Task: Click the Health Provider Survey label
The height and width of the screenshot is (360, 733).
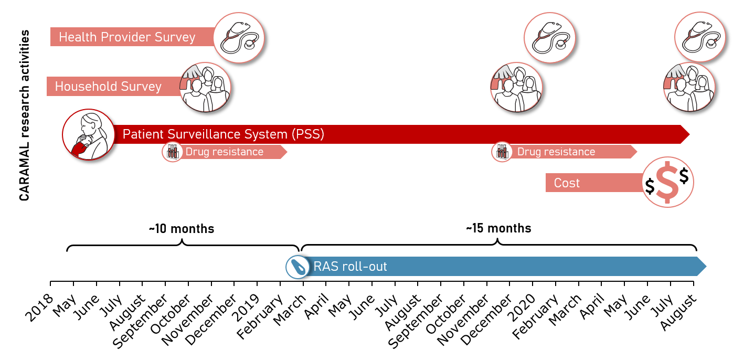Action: (127, 37)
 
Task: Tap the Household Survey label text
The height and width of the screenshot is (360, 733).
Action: (108, 87)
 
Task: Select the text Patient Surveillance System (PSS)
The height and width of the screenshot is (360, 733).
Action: (223, 134)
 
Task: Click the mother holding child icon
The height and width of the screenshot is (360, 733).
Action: (89, 134)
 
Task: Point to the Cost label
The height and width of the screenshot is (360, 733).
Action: (567, 183)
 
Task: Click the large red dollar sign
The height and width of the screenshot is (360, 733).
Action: (667, 182)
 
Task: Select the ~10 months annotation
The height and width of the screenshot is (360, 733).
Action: (182, 229)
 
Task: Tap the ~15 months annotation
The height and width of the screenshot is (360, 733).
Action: (498, 228)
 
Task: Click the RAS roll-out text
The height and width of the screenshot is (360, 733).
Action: (350, 267)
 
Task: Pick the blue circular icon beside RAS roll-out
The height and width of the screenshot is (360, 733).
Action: (298, 267)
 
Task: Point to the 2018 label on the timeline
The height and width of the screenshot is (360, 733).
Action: (39, 308)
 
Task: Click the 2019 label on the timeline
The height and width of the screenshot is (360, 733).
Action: (246, 308)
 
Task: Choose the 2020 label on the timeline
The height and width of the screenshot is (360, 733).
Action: (521, 308)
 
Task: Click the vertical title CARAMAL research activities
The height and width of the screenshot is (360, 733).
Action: (24, 115)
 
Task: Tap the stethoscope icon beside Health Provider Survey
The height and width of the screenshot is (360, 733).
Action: (239, 38)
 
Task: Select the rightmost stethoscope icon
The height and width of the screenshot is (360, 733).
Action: (700, 37)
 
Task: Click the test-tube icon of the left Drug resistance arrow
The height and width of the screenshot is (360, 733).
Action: (173, 152)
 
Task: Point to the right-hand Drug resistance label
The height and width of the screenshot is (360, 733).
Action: (556, 152)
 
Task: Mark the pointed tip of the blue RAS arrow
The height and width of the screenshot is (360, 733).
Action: (706, 267)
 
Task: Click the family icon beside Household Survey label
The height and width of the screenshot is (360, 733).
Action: (205, 88)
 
